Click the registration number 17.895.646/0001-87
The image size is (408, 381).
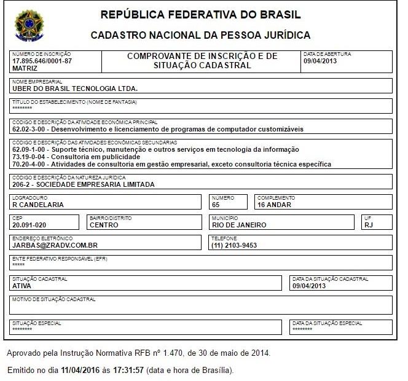(x=42, y=61)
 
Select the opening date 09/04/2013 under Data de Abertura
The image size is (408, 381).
(x=321, y=61)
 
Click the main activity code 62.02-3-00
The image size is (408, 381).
(x=29, y=130)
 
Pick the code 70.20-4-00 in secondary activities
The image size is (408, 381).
(x=29, y=164)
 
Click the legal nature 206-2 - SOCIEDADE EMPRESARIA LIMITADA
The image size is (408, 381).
(x=84, y=184)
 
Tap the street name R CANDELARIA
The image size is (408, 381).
(x=38, y=205)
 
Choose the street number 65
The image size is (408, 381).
(x=216, y=205)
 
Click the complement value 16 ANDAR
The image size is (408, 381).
(x=275, y=205)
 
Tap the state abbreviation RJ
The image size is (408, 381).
(x=369, y=225)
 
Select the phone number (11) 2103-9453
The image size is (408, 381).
(x=234, y=245)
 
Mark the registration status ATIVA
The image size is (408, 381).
(x=22, y=286)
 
